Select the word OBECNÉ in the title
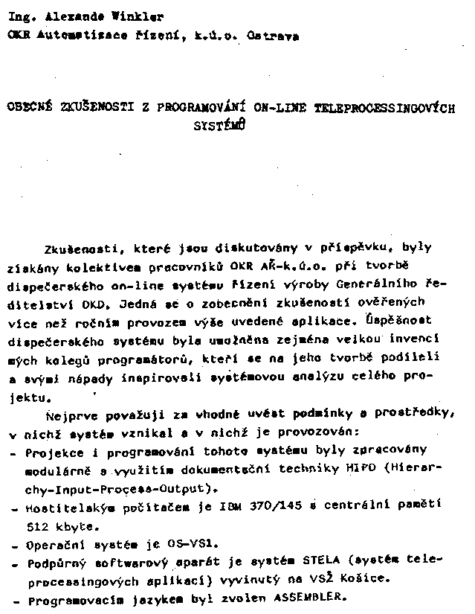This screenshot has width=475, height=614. pyautogui.click(x=28, y=107)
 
